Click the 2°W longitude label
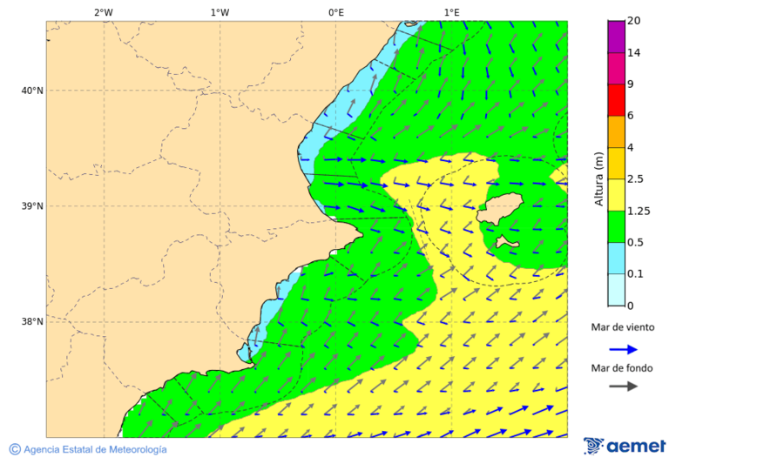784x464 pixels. pos(103,12)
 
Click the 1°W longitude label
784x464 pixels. pos(220,12)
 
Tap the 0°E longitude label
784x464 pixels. pos(335,12)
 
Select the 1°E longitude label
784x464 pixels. pos(451,12)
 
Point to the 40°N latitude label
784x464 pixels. pos(32,91)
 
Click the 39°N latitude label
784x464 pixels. pos(32,206)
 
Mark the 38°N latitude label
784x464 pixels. pos(32,322)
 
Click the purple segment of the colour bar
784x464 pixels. pos(616,37)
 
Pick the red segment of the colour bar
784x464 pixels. pos(616,100)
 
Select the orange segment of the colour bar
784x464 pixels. pos(616,131)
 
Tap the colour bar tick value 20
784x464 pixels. pos(633,21)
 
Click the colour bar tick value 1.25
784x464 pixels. pos(639,211)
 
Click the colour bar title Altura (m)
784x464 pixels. pos(598,179)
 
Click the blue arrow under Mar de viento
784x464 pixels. pos(623,349)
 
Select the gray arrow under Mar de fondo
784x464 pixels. pos(623,387)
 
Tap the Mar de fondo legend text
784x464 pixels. pos(622,368)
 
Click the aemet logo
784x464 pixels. pos(625,446)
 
